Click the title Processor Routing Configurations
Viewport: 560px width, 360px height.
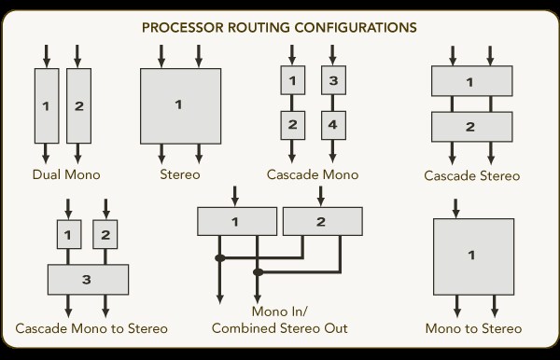[x=279, y=27]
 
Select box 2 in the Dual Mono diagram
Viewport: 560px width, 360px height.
[x=79, y=106]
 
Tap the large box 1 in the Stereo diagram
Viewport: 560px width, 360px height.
[x=181, y=106]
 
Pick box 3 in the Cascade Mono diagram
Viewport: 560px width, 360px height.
[x=333, y=80]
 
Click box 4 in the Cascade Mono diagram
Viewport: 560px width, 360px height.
[x=333, y=125]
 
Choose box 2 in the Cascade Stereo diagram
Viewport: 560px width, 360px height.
[x=472, y=127]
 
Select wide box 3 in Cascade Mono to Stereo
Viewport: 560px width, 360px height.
[x=89, y=280]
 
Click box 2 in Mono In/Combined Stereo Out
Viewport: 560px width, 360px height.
[x=323, y=222]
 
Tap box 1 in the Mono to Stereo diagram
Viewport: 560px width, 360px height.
[x=474, y=256]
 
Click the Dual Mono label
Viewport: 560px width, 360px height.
[x=66, y=174]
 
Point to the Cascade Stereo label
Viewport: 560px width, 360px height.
[x=471, y=175]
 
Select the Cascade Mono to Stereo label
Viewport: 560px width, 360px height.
[x=91, y=328]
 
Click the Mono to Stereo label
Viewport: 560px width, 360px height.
[x=473, y=328]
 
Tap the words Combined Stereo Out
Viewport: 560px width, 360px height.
[x=280, y=328]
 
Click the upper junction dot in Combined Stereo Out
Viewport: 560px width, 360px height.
[x=220, y=257]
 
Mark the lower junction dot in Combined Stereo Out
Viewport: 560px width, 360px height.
[x=258, y=272]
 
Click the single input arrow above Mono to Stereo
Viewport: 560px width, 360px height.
[x=455, y=209]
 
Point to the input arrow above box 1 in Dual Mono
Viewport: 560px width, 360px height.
[x=47, y=56]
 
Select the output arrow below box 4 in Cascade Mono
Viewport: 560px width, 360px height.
[x=333, y=151]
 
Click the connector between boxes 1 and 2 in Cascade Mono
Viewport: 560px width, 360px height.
[x=292, y=103]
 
